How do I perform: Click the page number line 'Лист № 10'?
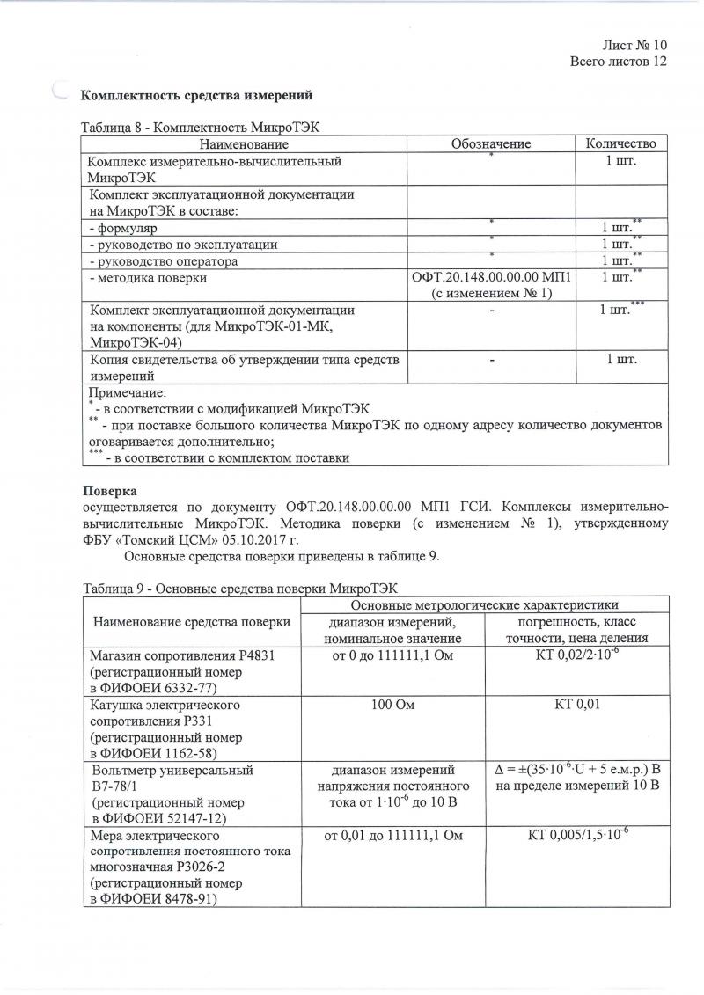tap(634, 45)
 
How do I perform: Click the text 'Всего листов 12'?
tap(619, 62)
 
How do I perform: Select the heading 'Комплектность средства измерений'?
tap(197, 94)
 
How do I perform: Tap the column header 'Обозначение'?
tap(491, 143)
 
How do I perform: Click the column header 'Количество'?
tap(621, 143)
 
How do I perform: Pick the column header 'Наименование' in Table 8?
tap(244, 143)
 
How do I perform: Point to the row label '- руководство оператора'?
tap(164, 261)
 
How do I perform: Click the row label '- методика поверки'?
tap(149, 278)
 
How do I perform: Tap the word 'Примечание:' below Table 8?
tap(128, 392)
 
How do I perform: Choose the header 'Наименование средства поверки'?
tap(191, 621)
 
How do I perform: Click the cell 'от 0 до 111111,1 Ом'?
tap(392, 655)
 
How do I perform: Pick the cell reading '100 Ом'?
tap(392, 705)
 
